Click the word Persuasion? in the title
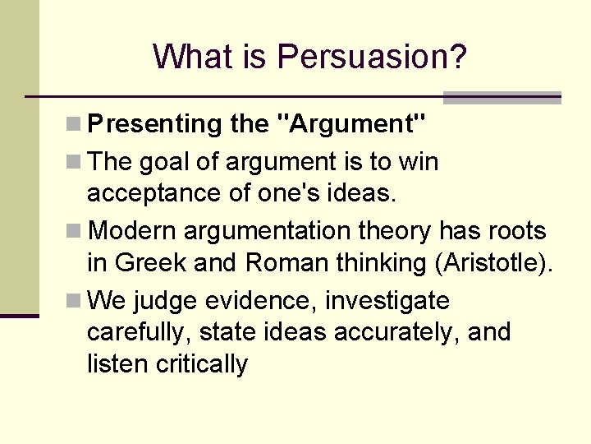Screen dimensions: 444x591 [372, 58]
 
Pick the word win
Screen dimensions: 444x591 [419, 162]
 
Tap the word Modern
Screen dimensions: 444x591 [132, 232]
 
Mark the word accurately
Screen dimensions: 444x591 [418, 332]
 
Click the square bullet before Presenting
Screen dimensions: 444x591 [75, 125]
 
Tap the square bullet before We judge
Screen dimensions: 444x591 [75, 302]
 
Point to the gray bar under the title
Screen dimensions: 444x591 [502, 98]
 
